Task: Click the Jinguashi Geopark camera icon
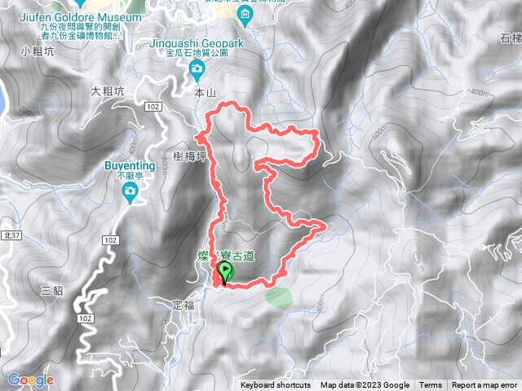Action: (x=197, y=72)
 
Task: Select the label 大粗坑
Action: (x=107, y=91)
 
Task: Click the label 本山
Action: (x=204, y=94)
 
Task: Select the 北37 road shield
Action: (x=10, y=234)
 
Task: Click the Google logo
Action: (x=30, y=380)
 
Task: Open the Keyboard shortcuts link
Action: (x=275, y=385)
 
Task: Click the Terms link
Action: (x=431, y=385)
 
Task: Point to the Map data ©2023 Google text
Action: (x=365, y=385)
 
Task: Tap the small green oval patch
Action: (x=277, y=295)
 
